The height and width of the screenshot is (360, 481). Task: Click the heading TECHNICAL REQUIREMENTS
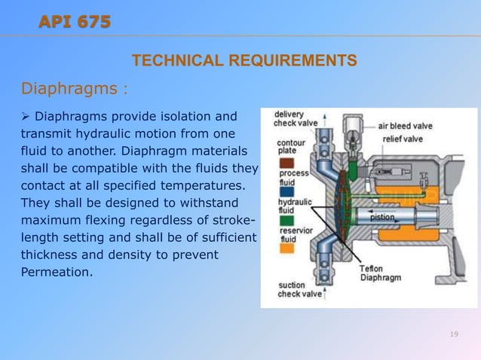tap(244, 60)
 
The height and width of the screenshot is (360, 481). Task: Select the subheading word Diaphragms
tap(69, 90)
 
